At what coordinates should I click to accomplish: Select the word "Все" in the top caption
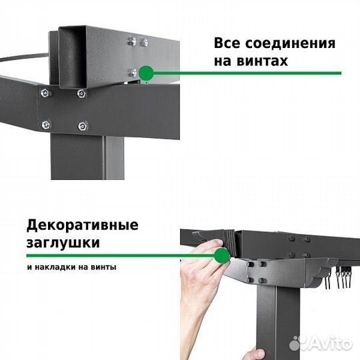tap(228, 43)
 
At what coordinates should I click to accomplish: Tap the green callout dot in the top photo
tap(146, 71)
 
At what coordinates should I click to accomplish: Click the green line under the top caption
tap(253, 72)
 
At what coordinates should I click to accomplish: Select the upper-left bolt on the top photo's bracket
tap(45, 93)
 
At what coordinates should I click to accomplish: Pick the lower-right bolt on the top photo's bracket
tap(82, 124)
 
